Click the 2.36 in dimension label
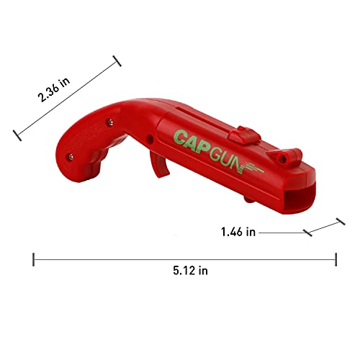pos(54,89)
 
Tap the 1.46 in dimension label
pos(238,232)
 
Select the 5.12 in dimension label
pos(190,271)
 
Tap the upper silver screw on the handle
pos(110,122)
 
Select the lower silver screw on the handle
pos(71,157)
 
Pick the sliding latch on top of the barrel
pos(244,135)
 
